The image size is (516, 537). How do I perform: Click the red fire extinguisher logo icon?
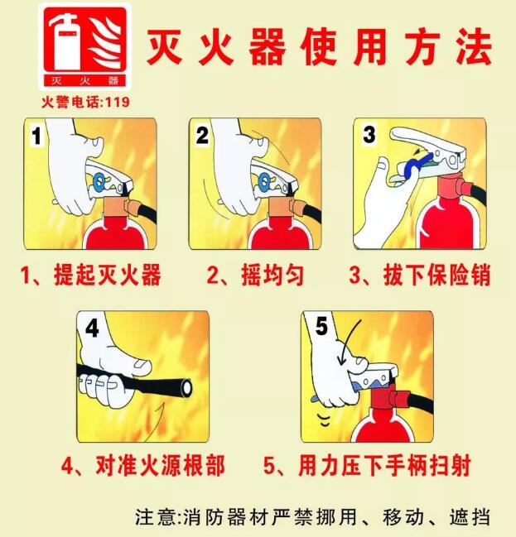click(x=84, y=46)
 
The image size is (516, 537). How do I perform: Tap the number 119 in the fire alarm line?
click(x=118, y=102)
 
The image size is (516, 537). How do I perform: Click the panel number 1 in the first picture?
click(x=36, y=135)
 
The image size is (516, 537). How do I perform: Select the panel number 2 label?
click(x=202, y=135)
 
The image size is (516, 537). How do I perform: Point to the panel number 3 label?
click(x=369, y=135)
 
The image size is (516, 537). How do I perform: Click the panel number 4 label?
click(x=92, y=328)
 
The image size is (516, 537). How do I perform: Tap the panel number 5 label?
click(x=321, y=326)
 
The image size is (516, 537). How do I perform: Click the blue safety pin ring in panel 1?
click(x=99, y=182)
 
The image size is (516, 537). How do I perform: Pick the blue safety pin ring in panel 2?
click(x=265, y=182)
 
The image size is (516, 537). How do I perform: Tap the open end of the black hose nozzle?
click(x=187, y=387)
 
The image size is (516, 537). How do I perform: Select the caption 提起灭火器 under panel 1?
click(x=108, y=275)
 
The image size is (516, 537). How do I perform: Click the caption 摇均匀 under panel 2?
click(x=272, y=275)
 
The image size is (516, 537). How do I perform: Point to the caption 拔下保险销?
click(x=437, y=275)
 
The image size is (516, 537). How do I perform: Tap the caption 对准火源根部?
click(x=161, y=465)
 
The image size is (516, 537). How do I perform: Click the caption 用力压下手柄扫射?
click(x=384, y=465)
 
